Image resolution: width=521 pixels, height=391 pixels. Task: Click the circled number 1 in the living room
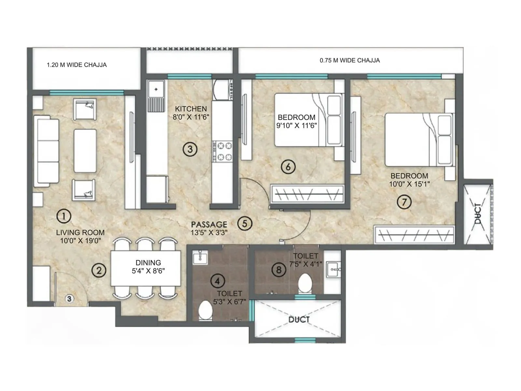[x=64, y=216]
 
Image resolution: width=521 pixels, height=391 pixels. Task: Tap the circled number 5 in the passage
[x=245, y=224]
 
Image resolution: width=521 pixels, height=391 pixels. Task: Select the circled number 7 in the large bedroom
[x=404, y=202]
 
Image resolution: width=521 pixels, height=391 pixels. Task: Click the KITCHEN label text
[x=191, y=109]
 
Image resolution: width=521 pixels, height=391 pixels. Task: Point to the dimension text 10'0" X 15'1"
[x=409, y=184]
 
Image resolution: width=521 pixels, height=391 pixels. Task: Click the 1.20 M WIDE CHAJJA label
[x=77, y=65]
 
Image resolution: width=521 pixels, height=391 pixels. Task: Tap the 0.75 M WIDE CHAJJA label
[x=350, y=60]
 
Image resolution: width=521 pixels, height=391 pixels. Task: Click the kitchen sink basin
[x=156, y=90]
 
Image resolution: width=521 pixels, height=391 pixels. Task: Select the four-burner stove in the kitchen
[x=222, y=151]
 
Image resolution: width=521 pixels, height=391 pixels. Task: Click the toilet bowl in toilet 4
[x=205, y=311]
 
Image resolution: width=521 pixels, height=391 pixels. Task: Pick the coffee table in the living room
[x=85, y=151]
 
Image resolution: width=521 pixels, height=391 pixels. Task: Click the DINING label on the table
[x=148, y=263]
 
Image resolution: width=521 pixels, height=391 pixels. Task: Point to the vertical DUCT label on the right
[x=478, y=214]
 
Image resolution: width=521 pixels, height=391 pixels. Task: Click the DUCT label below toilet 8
[x=299, y=320]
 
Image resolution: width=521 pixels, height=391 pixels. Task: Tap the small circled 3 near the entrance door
[x=69, y=298]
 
